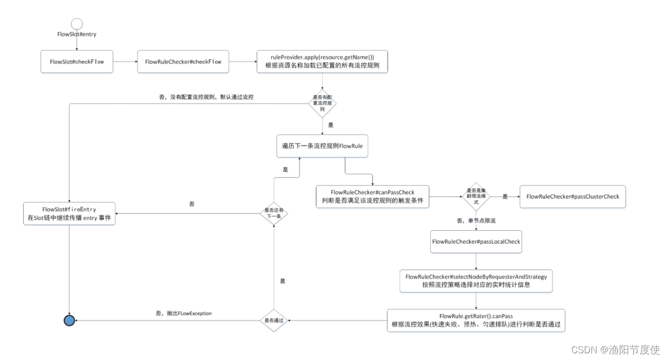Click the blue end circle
pos(69,321)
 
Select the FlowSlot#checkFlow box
pos(77,62)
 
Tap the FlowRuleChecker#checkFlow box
pos(183,62)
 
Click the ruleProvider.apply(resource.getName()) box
pos(322,62)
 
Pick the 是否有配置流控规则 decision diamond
pos(323,103)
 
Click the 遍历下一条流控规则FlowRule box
pos(323,146)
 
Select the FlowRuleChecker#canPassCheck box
pos(372,197)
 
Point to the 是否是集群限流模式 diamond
pos(477,196)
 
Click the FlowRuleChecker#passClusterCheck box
pos(572,197)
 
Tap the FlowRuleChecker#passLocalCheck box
pos(475,242)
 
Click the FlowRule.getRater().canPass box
pos(476,320)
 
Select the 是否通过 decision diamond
pos(274,321)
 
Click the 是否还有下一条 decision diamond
pos(274,213)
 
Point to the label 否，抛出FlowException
pos(183,313)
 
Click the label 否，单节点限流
pos(475,221)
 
